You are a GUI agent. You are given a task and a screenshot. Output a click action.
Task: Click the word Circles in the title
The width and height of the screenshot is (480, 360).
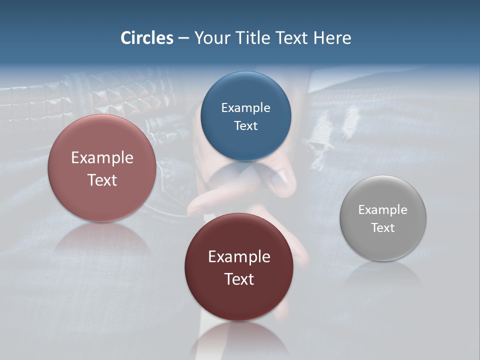coord(147,38)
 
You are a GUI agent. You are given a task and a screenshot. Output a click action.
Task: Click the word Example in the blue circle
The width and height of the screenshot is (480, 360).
coord(245,108)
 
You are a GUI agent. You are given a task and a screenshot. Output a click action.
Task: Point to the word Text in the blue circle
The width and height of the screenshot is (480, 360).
coord(245,125)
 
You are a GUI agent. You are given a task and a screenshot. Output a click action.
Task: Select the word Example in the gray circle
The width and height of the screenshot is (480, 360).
coord(383,210)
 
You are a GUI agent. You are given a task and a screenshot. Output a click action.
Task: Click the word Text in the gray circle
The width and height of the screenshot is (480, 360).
coord(383,227)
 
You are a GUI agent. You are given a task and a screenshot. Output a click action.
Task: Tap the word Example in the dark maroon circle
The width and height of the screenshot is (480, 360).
coord(239,257)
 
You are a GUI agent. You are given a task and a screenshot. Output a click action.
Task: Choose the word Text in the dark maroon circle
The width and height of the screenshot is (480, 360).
coord(239,279)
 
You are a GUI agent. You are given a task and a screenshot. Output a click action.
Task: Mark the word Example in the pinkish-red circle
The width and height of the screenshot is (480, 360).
coord(102,158)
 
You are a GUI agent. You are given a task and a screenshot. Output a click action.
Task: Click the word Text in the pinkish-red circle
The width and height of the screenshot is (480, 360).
coord(102,180)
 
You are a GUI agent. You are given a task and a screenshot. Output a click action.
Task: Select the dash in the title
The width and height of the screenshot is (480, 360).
coord(183,38)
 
